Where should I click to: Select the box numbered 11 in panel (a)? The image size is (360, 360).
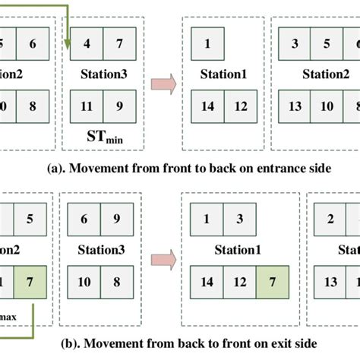[x=87, y=106]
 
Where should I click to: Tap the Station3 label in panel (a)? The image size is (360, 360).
[x=103, y=74]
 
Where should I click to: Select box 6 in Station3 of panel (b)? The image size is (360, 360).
[x=87, y=219]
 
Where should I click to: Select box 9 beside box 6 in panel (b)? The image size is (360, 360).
[x=120, y=219]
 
